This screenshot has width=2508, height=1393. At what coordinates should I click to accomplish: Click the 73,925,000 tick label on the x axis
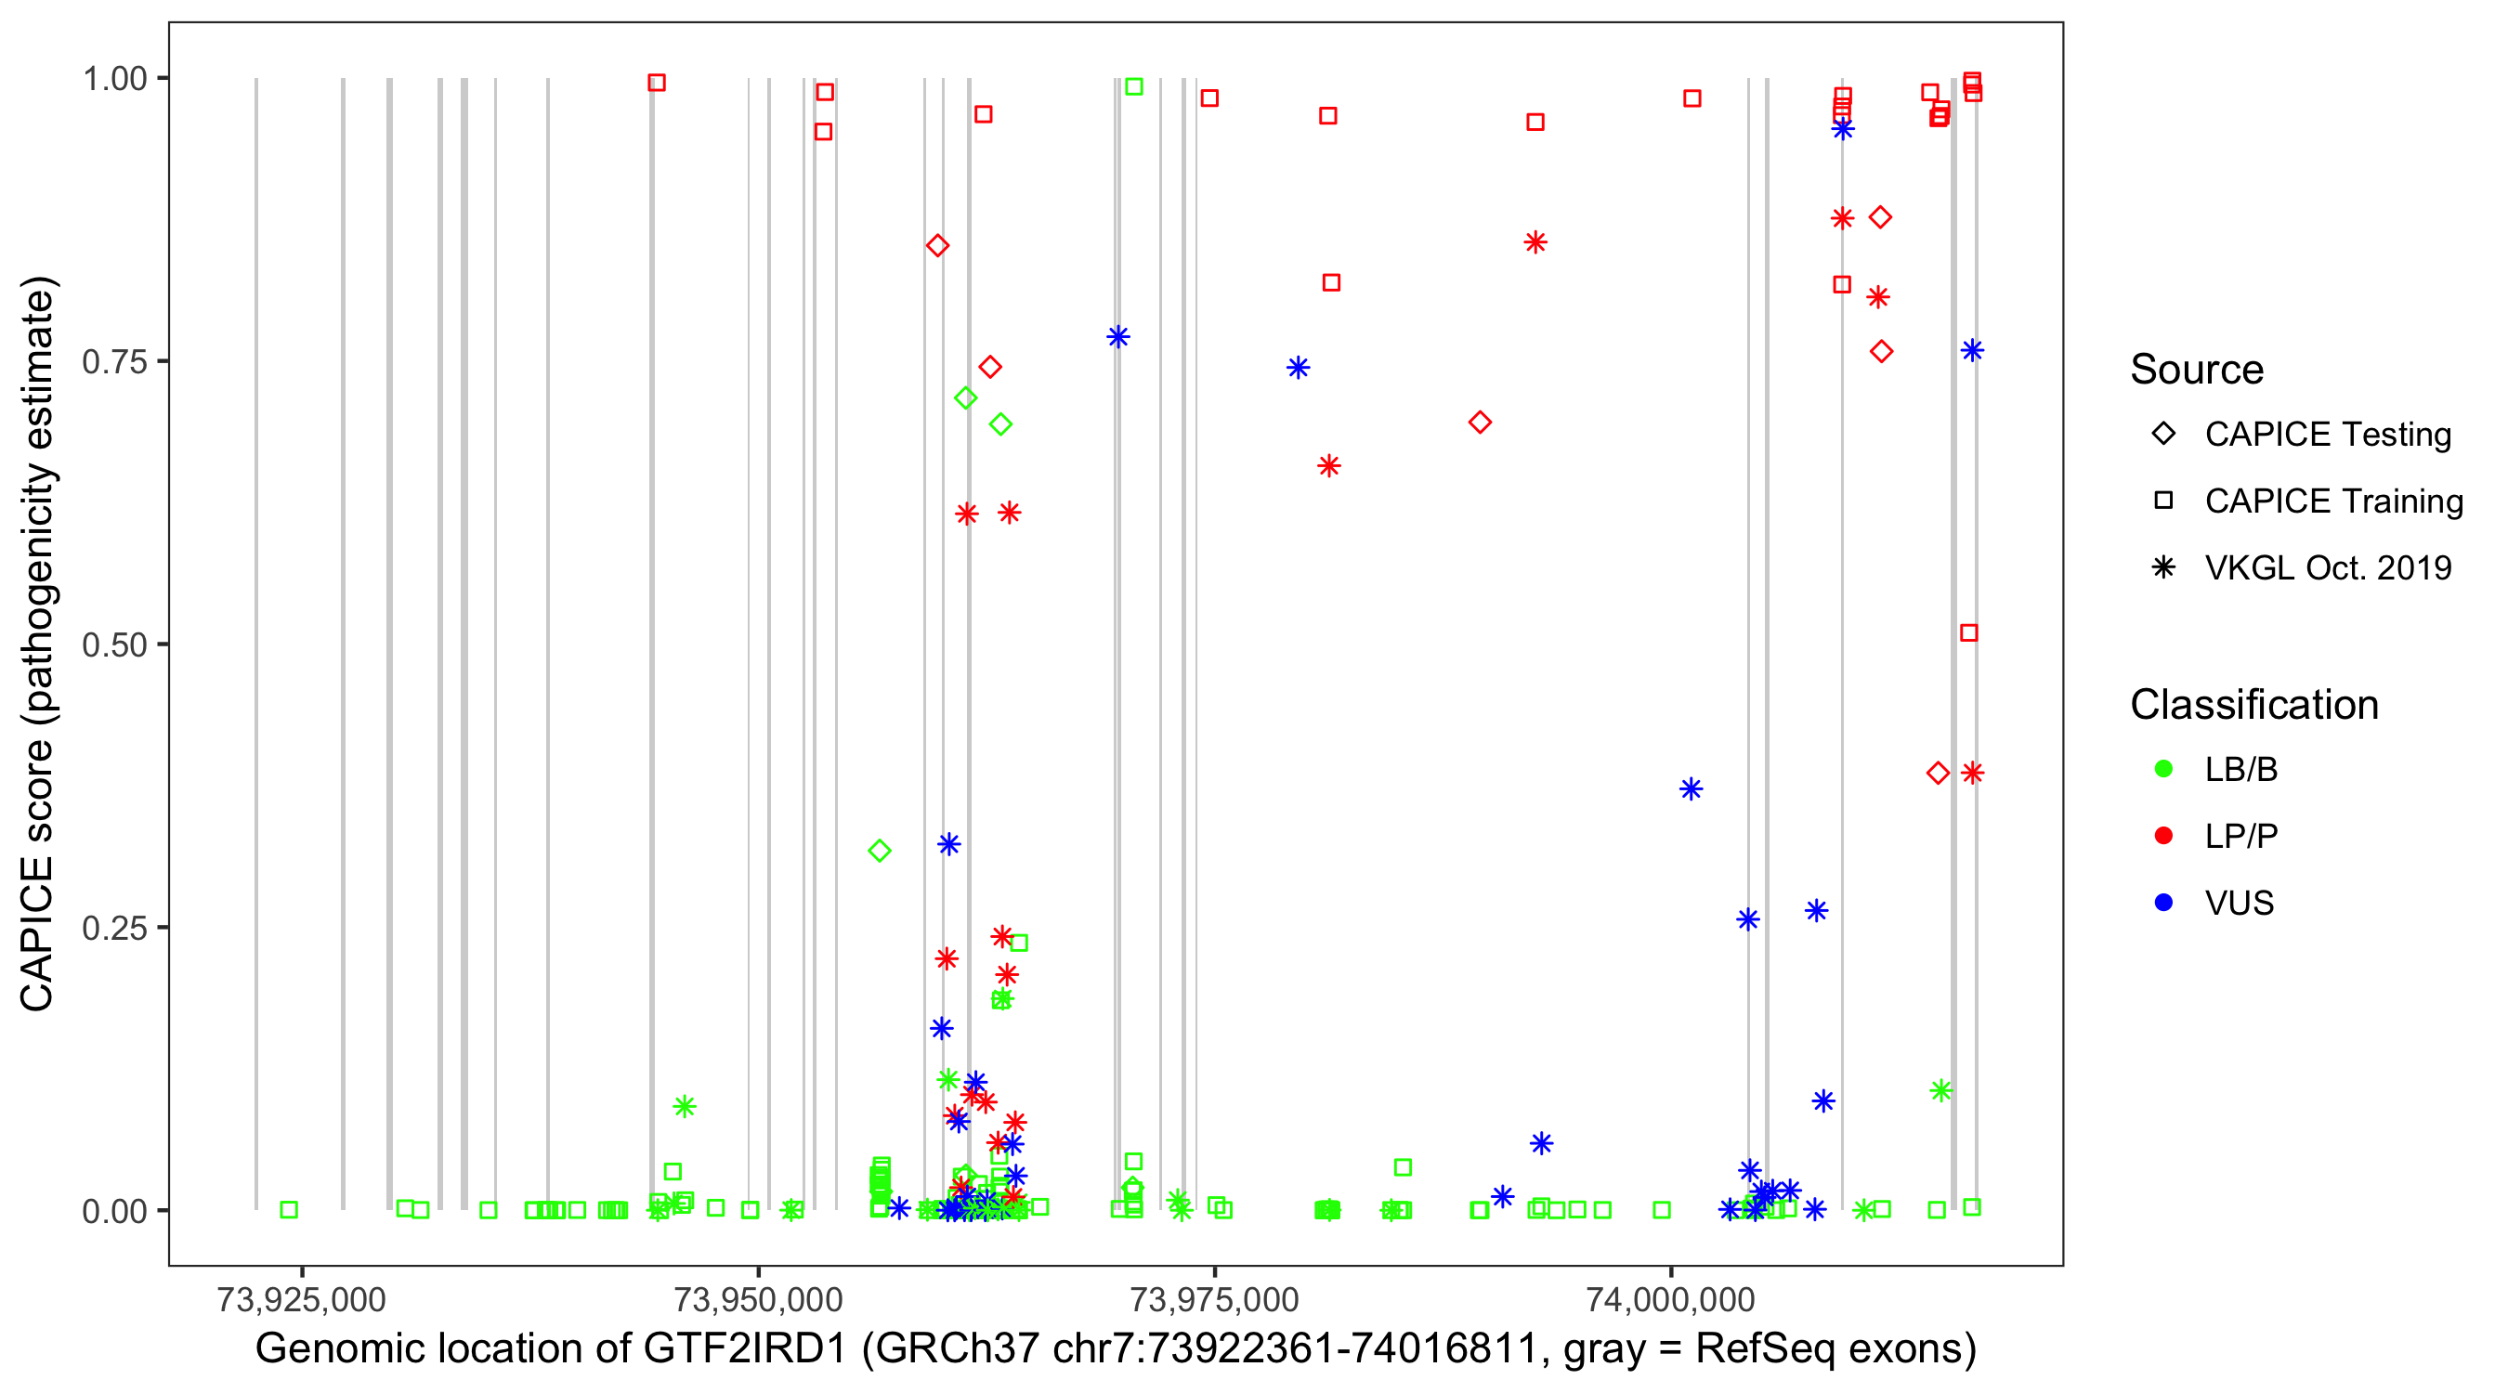point(301,1298)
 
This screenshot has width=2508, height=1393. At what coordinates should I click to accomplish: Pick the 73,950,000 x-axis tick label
point(757,1298)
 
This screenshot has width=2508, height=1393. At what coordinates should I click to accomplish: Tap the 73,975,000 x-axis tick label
point(1214,1298)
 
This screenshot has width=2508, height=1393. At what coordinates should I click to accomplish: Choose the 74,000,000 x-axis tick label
point(1671,1298)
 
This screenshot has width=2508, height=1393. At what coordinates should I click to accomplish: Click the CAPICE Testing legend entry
point(2327,435)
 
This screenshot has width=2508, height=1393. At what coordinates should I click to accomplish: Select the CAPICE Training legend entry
point(2332,501)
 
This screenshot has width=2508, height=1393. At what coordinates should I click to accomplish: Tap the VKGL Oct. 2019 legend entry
point(2327,567)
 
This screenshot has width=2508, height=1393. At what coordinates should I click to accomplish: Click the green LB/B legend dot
point(2163,769)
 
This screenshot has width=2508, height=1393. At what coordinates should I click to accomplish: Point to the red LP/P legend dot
point(2163,836)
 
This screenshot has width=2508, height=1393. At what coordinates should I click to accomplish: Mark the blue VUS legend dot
point(2163,903)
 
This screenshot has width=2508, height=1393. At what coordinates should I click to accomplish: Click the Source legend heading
point(2197,370)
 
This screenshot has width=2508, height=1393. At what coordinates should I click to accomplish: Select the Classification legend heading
point(2253,705)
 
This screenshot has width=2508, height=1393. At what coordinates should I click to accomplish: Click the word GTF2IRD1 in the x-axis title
point(745,1348)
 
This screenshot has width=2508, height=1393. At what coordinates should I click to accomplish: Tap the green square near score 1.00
point(1133,86)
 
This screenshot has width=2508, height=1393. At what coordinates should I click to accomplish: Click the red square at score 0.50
point(1968,632)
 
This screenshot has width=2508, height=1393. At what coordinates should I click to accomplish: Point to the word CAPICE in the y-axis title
point(37,933)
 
